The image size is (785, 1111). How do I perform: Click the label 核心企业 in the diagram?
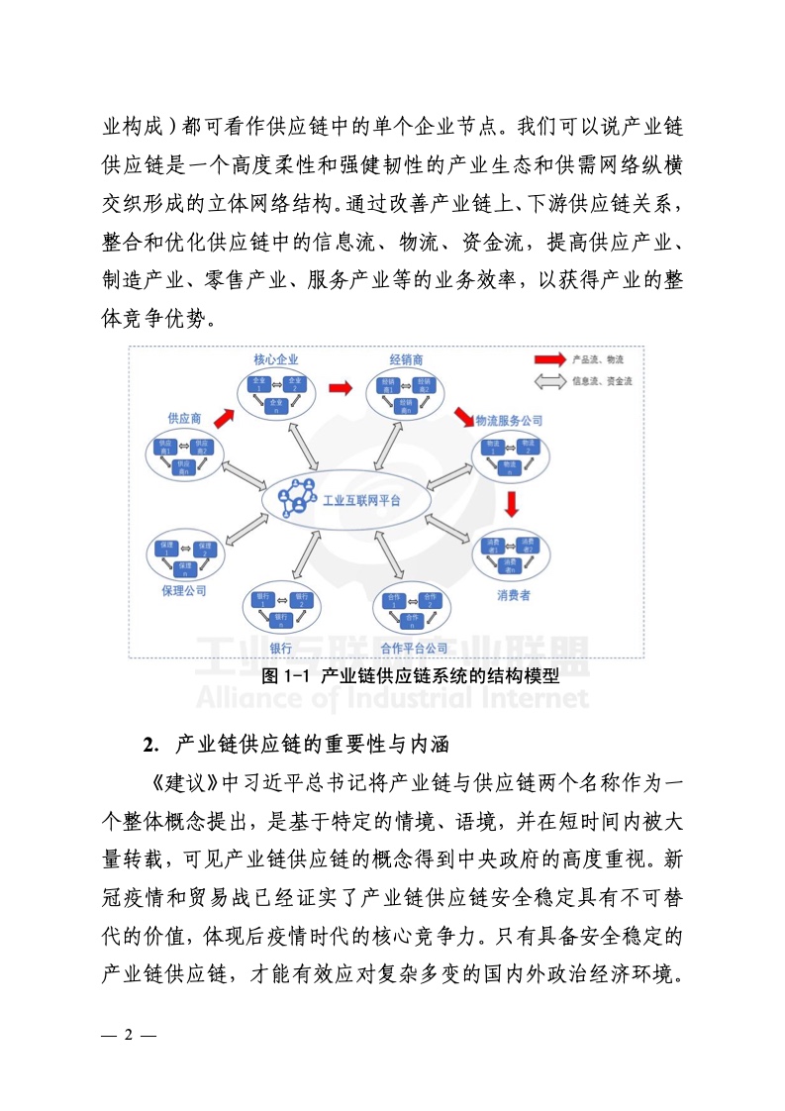click(275, 358)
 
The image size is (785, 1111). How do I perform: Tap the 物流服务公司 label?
click(509, 421)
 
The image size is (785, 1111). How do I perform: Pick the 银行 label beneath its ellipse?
click(279, 649)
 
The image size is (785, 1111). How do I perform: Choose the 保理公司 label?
click(183, 591)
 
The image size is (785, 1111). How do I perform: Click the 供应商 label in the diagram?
click(184, 419)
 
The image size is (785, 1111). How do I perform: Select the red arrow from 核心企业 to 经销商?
click(342, 387)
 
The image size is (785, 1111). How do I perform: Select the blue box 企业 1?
click(258, 383)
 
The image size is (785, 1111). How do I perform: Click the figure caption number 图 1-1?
click(286, 677)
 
